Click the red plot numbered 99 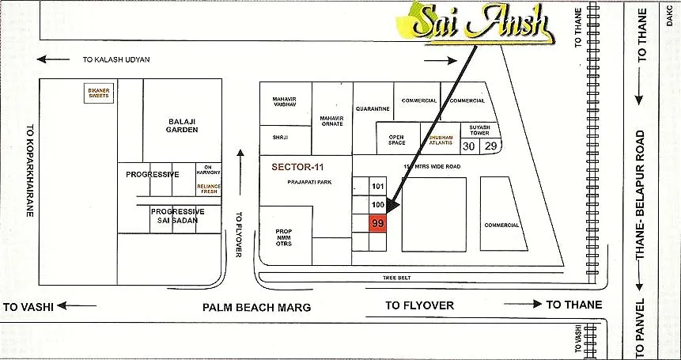click(377, 225)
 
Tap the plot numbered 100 click(377, 205)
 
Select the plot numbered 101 click(377, 186)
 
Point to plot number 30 click(470, 146)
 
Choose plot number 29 click(490, 146)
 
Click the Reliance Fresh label click(210, 188)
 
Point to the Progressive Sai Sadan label click(178, 216)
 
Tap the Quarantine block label click(373, 108)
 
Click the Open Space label click(396, 141)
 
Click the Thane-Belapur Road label click(642, 195)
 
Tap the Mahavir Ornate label click(332, 120)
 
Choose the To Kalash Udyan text click(116, 60)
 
